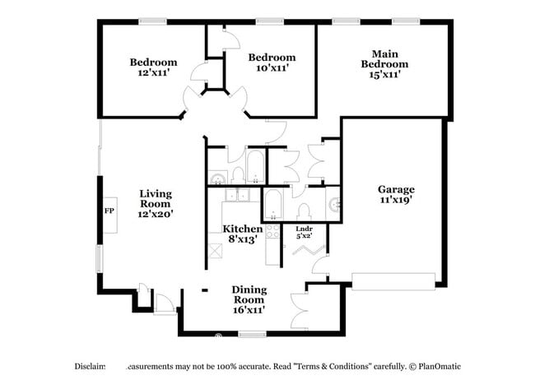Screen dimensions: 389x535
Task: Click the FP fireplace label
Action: coord(108,211)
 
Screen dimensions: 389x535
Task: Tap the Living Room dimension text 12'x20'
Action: coord(155,213)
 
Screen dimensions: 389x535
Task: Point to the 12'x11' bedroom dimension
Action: coord(153,73)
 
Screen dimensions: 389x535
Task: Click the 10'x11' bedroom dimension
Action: coord(272,69)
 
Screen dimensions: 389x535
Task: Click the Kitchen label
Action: coord(243,229)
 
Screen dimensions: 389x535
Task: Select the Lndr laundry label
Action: coord(304,228)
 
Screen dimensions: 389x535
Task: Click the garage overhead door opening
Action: coord(393,281)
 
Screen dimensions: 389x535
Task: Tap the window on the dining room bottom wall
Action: coord(252,333)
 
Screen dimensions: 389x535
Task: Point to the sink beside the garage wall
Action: coord(334,205)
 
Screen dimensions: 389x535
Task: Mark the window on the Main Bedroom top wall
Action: coord(344,22)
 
